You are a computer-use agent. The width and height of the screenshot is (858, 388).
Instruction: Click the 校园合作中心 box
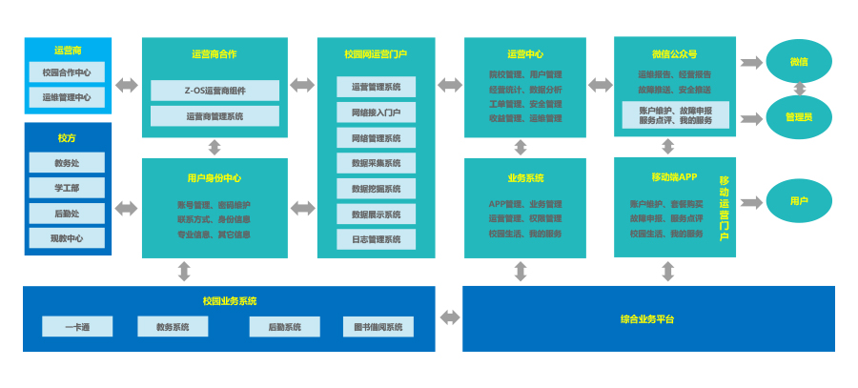click(67, 72)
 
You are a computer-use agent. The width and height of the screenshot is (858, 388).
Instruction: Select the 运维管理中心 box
click(67, 97)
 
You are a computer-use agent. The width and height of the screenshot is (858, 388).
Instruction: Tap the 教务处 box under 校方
click(67, 163)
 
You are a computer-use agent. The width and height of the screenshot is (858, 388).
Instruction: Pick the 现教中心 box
click(67, 238)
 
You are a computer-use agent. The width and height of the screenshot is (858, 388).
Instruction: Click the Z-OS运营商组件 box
click(214, 91)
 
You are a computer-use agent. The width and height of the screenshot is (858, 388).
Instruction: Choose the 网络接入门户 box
click(376, 112)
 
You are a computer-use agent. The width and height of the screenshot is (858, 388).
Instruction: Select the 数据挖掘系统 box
click(376, 189)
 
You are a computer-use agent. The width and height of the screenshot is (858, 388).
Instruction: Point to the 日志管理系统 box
click(376, 239)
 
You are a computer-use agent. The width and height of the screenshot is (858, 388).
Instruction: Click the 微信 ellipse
click(799, 62)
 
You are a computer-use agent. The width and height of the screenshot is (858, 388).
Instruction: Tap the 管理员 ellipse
click(799, 116)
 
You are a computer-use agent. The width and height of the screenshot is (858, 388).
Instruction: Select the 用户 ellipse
click(799, 201)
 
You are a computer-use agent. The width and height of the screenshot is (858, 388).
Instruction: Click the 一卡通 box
click(77, 327)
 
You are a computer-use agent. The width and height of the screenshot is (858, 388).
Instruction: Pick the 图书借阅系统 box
click(378, 327)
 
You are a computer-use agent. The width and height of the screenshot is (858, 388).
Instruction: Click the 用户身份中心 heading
click(214, 178)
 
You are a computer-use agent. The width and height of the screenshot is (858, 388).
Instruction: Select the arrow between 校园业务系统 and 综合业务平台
click(449, 317)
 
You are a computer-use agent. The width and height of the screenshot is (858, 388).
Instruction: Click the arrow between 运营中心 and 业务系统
click(521, 147)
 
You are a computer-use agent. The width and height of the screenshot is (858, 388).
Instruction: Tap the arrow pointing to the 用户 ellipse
click(751, 201)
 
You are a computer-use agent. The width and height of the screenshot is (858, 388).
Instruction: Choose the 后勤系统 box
click(284, 327)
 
